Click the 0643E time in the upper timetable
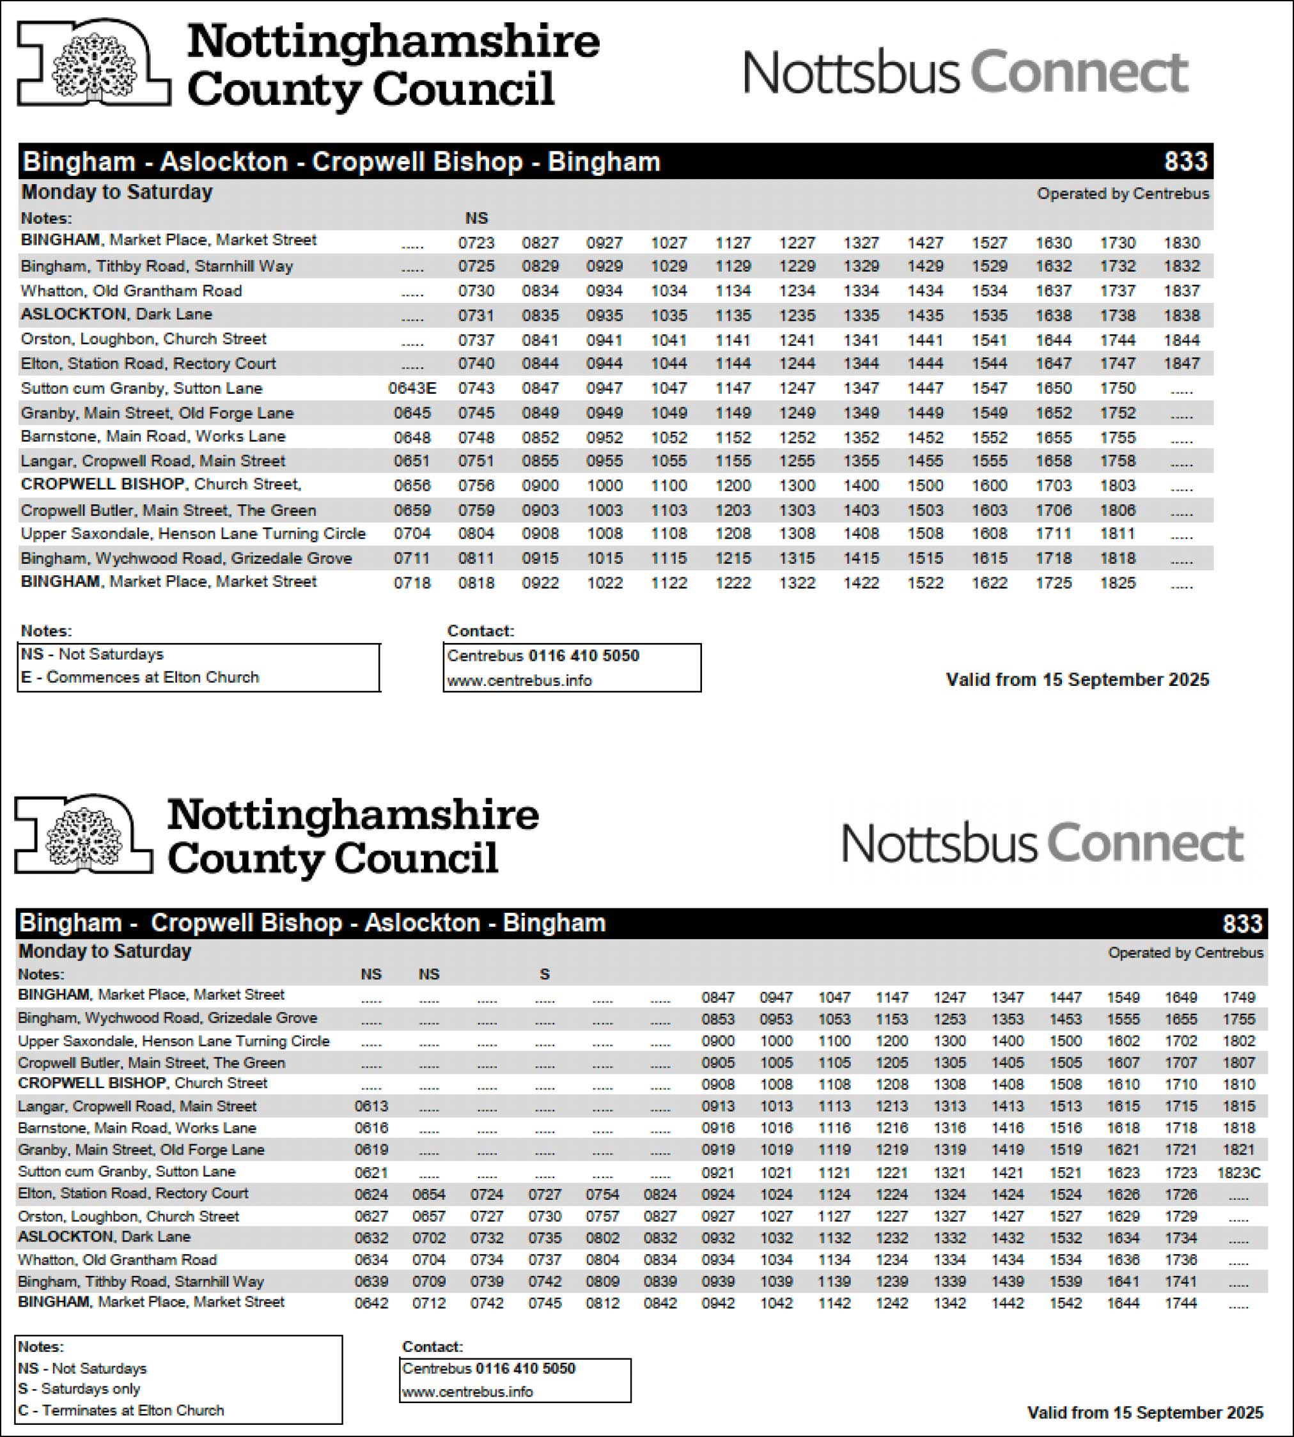click(x=412, y=388)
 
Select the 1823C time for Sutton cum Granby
click(x=1238, y=1172)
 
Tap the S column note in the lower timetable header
click(x=545, y=974)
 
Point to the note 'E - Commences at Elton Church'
click(x=140, y=677)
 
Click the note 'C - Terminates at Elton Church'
click(x=121, y=1410)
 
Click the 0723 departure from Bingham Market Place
click(x=476, y=243)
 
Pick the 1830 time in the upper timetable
click(x=1181, y=243)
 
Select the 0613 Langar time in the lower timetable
click(x=371, y=1107)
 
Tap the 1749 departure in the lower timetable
click(x=1238, y=998)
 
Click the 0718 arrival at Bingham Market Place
click(x=412, y=583)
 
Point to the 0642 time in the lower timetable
click(x=371, y=1303)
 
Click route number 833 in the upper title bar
click(x=1185, y=161)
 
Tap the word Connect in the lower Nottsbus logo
click(x=1144, y=843)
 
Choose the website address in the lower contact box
click(x=467, y=1392)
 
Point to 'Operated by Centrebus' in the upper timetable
click(x=1123, y=194)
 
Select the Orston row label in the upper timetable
click(x=144, y=339)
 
